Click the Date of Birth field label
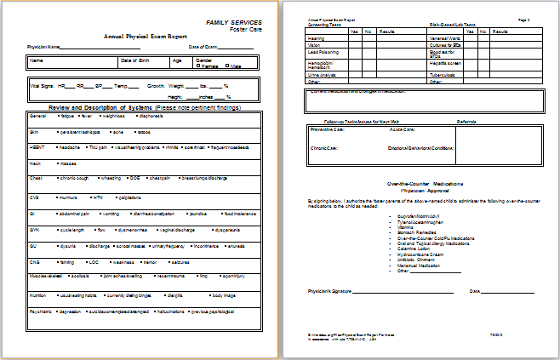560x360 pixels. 136,60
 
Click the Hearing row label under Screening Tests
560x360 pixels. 316,38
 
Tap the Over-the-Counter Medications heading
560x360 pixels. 424,184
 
